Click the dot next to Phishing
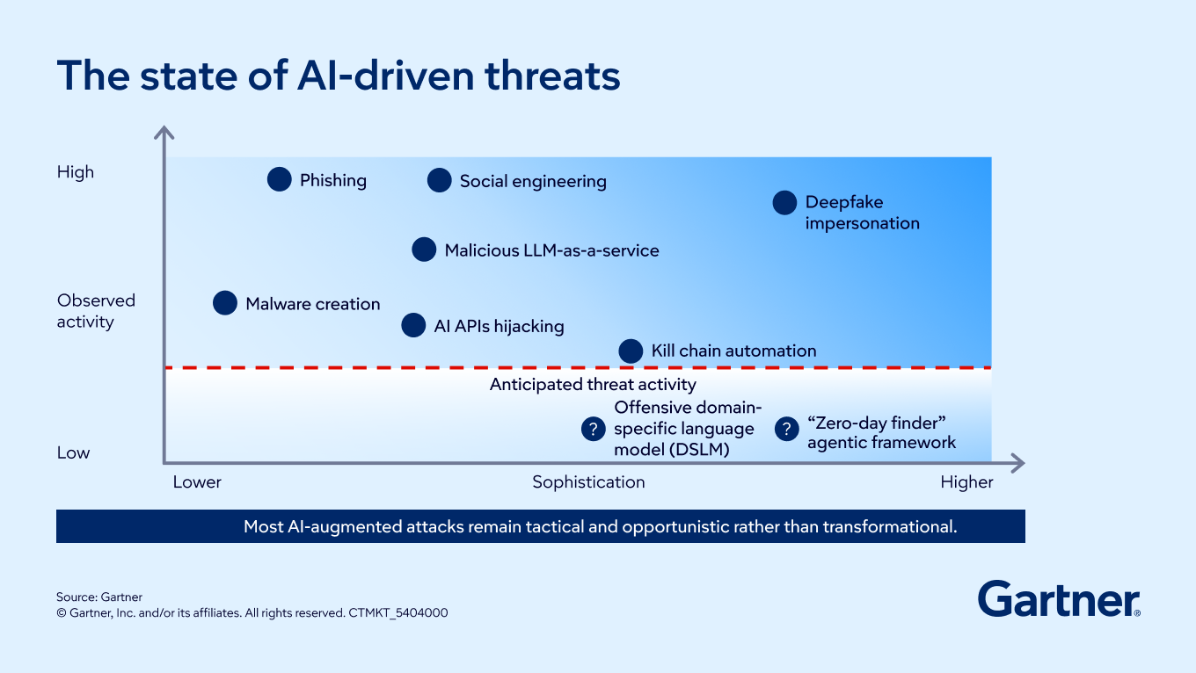[280, 179]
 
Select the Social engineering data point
[440, 180]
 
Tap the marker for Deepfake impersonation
[784, 203]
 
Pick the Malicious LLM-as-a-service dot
[424, 249]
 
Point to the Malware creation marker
[225, 303]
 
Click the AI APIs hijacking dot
[413, 325]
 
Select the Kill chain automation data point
[631, 351]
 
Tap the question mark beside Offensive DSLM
[594, 429]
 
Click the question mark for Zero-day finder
[786, 429]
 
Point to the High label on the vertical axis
[76, 171]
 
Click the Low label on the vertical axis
[73, 452]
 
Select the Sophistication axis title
[588, 482]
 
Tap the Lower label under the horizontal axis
[196, 482]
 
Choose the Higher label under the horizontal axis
[966, 482]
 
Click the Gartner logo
[1059, 599]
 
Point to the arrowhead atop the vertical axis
[164, 132]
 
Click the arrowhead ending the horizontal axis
[1018, 463]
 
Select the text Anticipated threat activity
[593, 385]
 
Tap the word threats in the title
[552, 76]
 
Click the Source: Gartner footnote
[99, 597]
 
